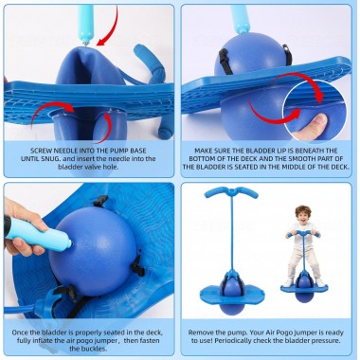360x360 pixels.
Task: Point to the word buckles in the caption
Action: pos(94,349)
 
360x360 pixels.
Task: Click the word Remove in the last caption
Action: pos(201,333)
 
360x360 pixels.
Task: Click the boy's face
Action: pos(303,216)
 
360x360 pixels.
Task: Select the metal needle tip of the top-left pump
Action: pos(86,42)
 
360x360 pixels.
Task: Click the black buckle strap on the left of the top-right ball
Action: pos(225,61)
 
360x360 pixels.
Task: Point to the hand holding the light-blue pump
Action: pos(24,227)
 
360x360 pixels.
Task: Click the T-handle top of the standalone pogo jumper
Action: pos(231,191)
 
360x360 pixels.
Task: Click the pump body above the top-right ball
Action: pos(240,18)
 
